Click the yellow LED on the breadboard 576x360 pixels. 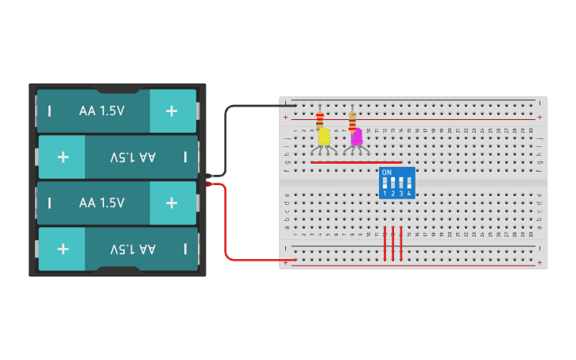(x=324, y=137)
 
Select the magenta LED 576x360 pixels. (x=357, y=137)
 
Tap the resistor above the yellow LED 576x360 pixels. (x=320, y=120)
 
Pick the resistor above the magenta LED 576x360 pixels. (x=353, y=120)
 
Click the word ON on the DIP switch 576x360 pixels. (x=387, y=172)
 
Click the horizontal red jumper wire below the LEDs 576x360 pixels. (x=350, y=163)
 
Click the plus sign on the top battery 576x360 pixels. (x=172, y=111)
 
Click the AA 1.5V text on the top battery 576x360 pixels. (x=102, y=111)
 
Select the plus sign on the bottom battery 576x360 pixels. (x=63, y=249)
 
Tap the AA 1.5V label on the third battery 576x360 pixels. (x=102, y=203)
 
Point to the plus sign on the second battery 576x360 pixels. (x=63, y=157)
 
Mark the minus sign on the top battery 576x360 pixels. (x=49, y=111)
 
